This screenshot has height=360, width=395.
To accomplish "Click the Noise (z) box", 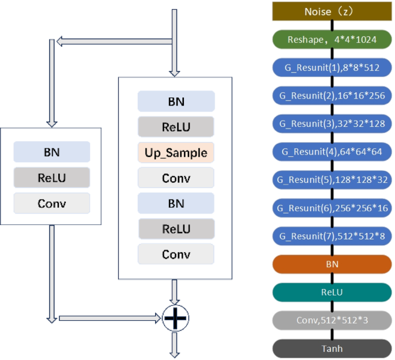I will coord(331,12).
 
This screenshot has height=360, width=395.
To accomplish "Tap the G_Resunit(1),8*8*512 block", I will coord(331,67).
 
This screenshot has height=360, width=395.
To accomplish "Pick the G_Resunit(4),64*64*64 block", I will coord(331,152).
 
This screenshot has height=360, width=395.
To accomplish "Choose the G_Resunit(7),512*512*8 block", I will coord(331,236).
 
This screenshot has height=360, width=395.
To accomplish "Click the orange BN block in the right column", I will coord(331,264).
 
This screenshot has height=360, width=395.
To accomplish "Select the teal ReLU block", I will coord(331,292).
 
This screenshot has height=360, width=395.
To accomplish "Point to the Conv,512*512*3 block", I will coord(331,320).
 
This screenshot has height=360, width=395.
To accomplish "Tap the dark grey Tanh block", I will coord(331,348).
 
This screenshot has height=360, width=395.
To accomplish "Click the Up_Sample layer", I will coord(176,152).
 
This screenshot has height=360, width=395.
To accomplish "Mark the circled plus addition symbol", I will coord(176,318).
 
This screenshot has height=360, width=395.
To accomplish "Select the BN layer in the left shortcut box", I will coord(52,152).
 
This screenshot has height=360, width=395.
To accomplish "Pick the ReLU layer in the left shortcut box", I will coord(52,178).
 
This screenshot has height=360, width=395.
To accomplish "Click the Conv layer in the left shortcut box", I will coord(52,203).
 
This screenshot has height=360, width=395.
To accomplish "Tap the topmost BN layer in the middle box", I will coord(176,102).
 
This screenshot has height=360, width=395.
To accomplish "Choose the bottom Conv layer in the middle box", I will coord(176,254).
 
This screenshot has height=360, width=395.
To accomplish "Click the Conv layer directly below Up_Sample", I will coord(176,178).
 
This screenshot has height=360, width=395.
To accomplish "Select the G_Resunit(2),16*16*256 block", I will coord(331,95).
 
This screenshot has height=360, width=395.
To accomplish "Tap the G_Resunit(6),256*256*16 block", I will coord(331,208).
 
